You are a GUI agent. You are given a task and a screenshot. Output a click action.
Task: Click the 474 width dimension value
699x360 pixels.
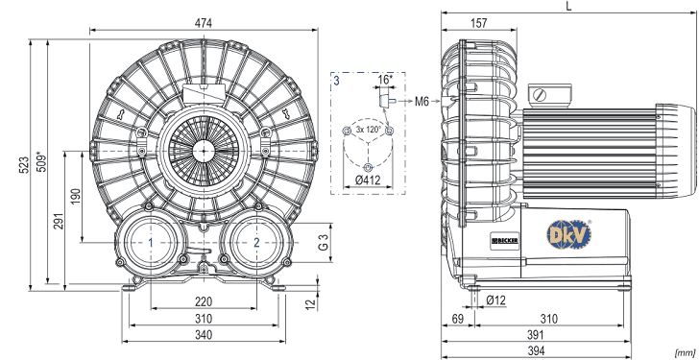(x=204, y=23)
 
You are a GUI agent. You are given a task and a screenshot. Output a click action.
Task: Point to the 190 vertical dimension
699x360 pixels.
(x=76, y=197)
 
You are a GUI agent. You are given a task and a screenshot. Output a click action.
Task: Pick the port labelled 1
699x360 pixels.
(x=151, y=243)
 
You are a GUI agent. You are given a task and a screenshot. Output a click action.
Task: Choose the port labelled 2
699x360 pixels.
(x=256, y=243)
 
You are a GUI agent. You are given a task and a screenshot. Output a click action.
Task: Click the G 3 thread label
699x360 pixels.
(x=325, y=243)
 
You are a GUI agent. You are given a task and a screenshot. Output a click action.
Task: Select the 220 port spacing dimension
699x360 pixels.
(x=204, y=302)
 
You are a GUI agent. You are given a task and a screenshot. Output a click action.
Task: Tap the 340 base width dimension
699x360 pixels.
(x=204, y=335)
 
